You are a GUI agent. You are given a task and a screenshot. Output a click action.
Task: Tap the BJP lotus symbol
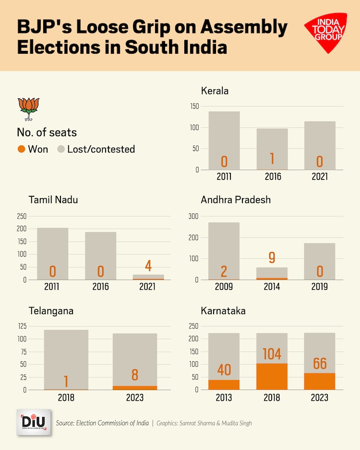point(28,110)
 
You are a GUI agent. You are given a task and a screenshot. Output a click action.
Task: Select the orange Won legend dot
point(21,149)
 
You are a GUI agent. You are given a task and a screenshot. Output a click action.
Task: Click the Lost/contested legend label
point(101,149)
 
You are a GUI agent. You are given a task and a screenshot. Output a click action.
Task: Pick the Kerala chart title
point(215,91)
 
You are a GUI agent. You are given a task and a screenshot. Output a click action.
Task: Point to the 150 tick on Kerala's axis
point(193,107)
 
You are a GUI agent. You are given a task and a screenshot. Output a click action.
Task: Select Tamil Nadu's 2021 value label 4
point(148,265)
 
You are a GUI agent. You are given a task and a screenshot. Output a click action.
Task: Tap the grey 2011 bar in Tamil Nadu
point(53,249)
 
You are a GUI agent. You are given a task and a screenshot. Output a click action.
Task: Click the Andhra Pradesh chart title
point(236,200)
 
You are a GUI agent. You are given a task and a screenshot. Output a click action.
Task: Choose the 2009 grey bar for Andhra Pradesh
point(224,245)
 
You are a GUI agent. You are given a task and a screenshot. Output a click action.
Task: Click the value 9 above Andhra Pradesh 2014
point(272,258)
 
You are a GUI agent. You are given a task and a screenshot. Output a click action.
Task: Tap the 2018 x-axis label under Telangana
point(66,398)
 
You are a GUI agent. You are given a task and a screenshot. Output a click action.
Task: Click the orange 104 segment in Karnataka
point(272,377)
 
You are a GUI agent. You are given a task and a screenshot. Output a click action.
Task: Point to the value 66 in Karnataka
point(320,363)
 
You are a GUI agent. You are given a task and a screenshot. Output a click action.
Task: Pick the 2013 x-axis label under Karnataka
point(224,398)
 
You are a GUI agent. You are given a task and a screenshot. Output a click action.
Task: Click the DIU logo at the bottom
point(33,422)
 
